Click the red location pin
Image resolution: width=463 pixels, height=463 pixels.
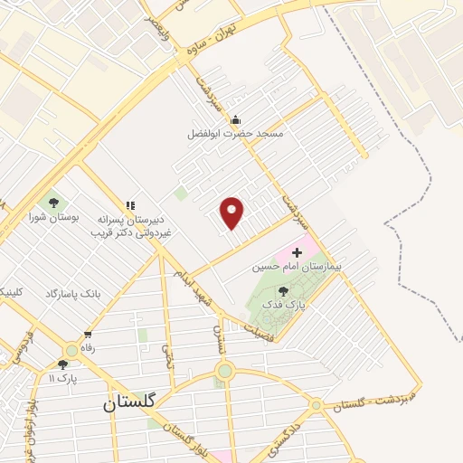pyautogui.click(x=232, y=212)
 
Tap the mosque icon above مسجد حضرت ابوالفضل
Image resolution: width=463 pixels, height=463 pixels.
pyautogui.click(x=236, y=119)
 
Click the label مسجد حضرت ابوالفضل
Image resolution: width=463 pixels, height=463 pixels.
pyautogui.click(x=235, y=134)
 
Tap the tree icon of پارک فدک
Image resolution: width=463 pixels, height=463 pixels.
pyautogui.click(x=284, y=291)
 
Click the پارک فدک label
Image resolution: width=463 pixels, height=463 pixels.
pyautogui.click(x=284, y=306)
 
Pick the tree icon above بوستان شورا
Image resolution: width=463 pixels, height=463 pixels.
pyautogui.click(x=52, y=203)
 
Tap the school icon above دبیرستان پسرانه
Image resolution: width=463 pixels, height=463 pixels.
pyautogui.click(x=130, y=206)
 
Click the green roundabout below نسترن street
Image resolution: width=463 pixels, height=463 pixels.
pyautogui.click(x=224, y=371)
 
